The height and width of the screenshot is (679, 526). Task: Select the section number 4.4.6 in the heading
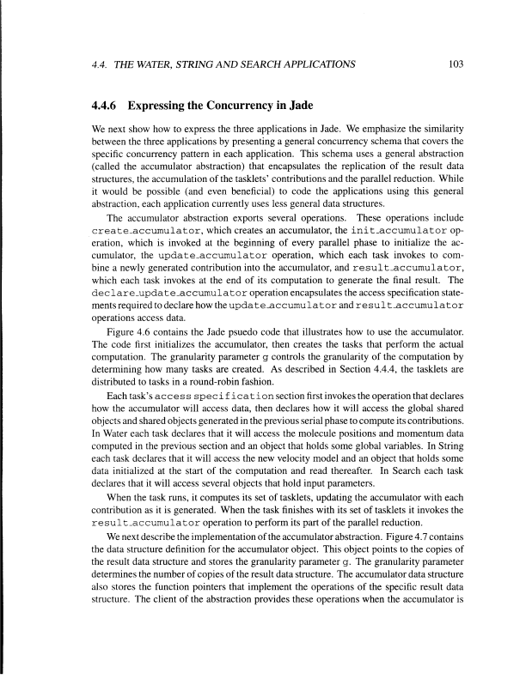pos(108,107)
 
